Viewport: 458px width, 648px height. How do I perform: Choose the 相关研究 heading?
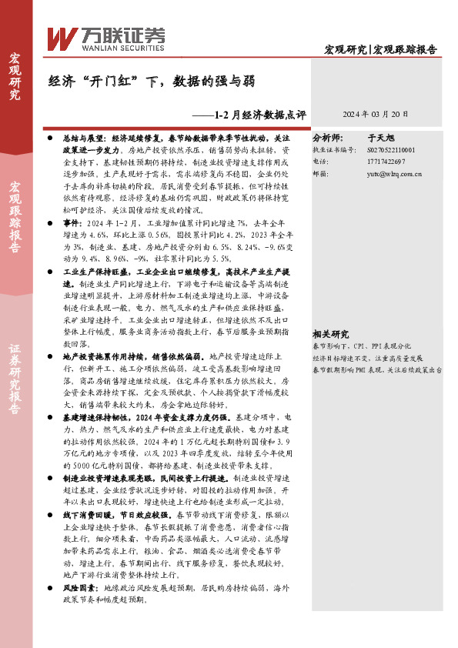click(331, 334)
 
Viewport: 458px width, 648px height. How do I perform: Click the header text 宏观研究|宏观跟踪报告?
click(380, 50)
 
